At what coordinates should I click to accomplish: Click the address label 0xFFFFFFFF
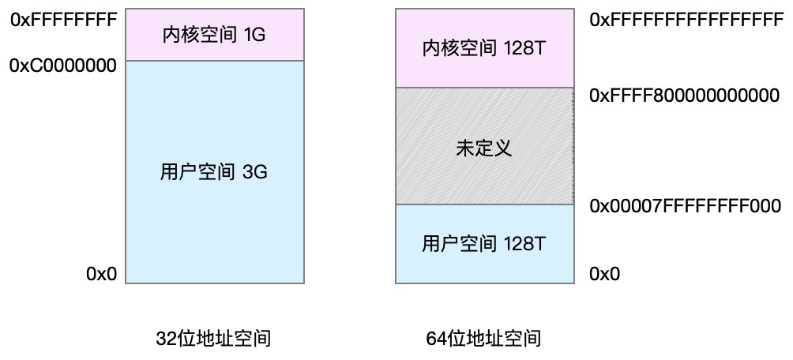pos(64,20)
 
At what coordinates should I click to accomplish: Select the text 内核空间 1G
pos(214,36)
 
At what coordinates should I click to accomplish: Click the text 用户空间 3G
pos(214,172)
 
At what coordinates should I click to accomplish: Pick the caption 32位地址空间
pos(214,338)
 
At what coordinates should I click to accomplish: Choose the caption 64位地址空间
pos(484,338)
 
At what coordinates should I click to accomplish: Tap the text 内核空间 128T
pos(484,49)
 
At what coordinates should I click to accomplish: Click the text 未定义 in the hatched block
pos(484,148)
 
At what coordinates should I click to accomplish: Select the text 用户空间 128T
pos(484,245)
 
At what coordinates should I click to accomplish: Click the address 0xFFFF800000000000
pos(684,96)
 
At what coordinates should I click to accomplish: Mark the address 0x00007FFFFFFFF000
pos(686,206)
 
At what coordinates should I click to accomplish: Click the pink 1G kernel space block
pos(215,35)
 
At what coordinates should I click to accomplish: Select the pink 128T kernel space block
pos(484,48)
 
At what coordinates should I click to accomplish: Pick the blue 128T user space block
pos(484,244)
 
